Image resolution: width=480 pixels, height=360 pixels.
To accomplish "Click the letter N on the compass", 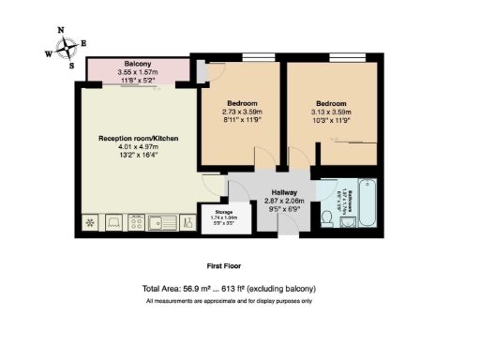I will (62, 31).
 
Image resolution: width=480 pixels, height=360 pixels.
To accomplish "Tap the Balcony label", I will (138, 63).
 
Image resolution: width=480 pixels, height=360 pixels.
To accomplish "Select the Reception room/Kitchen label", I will (138, 138).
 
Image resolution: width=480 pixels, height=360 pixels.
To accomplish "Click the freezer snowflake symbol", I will (91, 223).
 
